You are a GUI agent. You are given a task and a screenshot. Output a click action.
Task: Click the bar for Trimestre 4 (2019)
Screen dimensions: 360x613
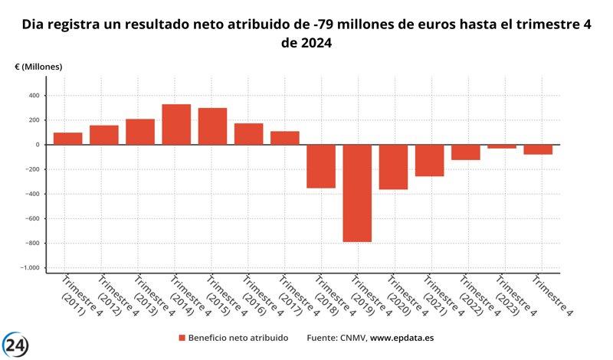(x=357, y=193)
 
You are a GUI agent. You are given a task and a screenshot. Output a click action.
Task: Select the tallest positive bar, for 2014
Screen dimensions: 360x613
(x=176, y=124)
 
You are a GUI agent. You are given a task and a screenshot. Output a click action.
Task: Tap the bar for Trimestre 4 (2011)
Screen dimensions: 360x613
(x=67, y=139)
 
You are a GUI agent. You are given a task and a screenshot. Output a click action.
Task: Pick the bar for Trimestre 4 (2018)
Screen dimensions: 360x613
(x=321, y=166)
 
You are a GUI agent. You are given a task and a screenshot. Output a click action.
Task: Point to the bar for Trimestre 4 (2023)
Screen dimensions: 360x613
(x=502, y=146)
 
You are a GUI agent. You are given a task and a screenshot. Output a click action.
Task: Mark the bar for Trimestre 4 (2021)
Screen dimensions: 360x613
(x=429, y=160)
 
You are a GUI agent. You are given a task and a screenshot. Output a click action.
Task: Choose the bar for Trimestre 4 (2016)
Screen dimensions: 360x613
(x=248, y=134)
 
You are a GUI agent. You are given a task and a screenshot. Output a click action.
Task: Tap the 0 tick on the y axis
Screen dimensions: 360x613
(x=36, y=145)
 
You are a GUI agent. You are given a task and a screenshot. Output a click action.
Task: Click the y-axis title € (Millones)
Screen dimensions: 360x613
(x=38, y=67)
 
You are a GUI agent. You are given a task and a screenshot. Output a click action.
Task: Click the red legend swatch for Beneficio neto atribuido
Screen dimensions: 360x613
(x=182, y=338)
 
